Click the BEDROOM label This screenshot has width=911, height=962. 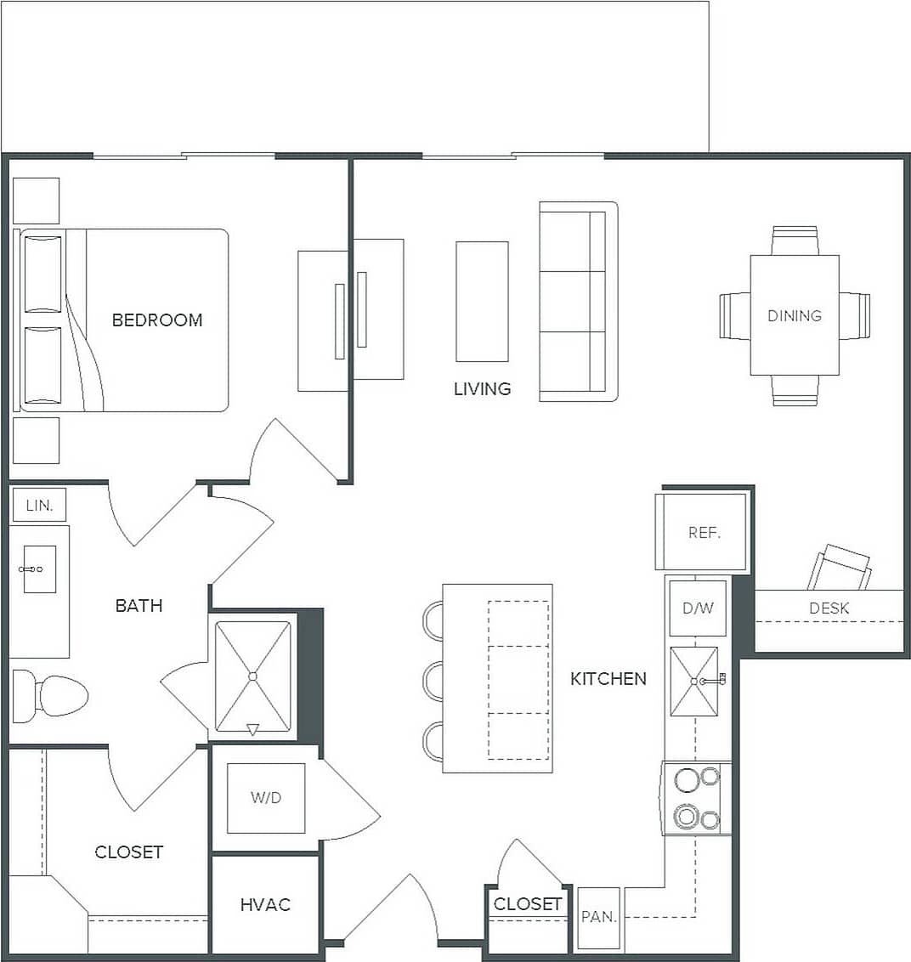pyautogui.click(x=157, y=320)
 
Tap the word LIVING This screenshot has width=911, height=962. pyautogui.click(x=482, y=389)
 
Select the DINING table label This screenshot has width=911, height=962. pyautogui.click(x=795, y=315)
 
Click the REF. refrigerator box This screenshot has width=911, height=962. pyautogui.click(x=703, y=532)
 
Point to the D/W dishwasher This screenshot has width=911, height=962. pyautogui.click(x=697, y=608)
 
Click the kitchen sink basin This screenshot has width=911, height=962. pyautogui.click(x=693, y=681)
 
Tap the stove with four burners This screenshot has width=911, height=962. pyautogui.click(x=696, y=798)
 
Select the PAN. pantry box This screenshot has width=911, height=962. pyautogui.click(x=598, y=918)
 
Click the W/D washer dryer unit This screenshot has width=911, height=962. pyautogui.click(x=266, y=798)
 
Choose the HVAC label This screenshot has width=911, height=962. pyautogui.click(x=265, y=905)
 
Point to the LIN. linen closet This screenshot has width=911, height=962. pyautogui.click(x=39, y=506)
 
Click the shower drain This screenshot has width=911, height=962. pyautogui.click(x=252, y=676)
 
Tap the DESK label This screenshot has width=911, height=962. pyautogui.click(x=829, y=608)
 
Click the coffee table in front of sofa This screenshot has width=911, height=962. pyautogui.click(x=482, y=302)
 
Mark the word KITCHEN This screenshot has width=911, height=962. pyautogui.click(x=608, y=679)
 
